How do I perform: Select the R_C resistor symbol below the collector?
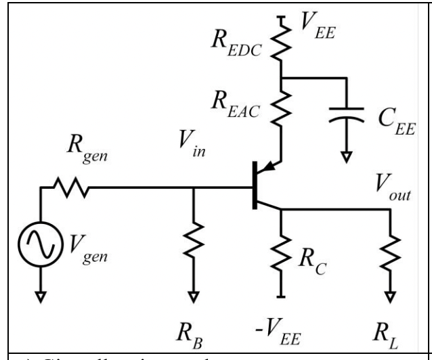tap(280, 256)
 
